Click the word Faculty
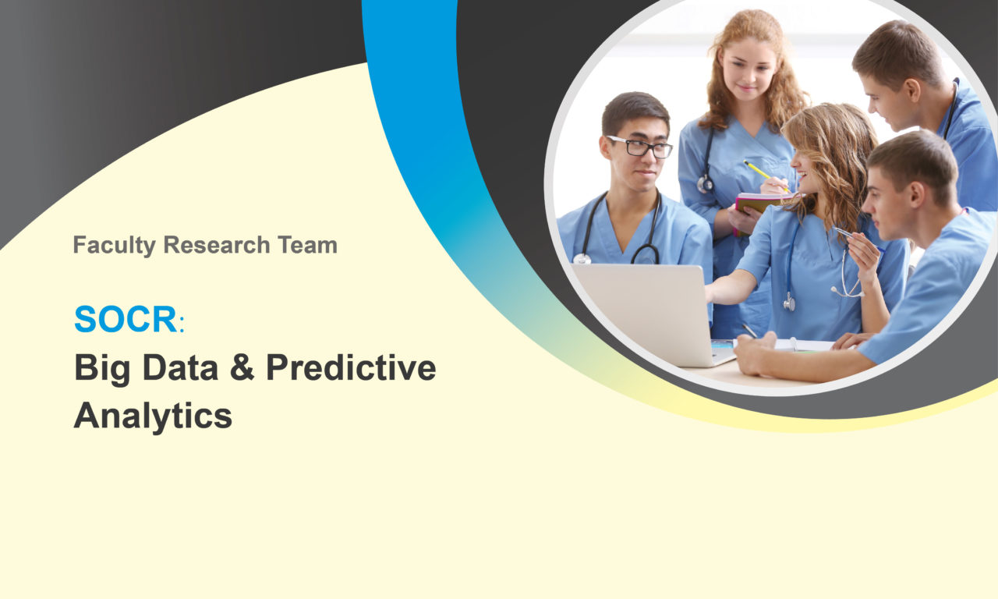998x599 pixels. coord(115,245)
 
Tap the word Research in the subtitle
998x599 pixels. coord(217,245)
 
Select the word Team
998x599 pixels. coord(307,245)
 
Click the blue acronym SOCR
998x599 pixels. coord(126,319)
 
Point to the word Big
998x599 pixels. coord(102,370)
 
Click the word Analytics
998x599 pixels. coord(153,416)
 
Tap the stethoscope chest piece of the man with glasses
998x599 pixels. coord(582,259)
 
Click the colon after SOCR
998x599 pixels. coord(182,324)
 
